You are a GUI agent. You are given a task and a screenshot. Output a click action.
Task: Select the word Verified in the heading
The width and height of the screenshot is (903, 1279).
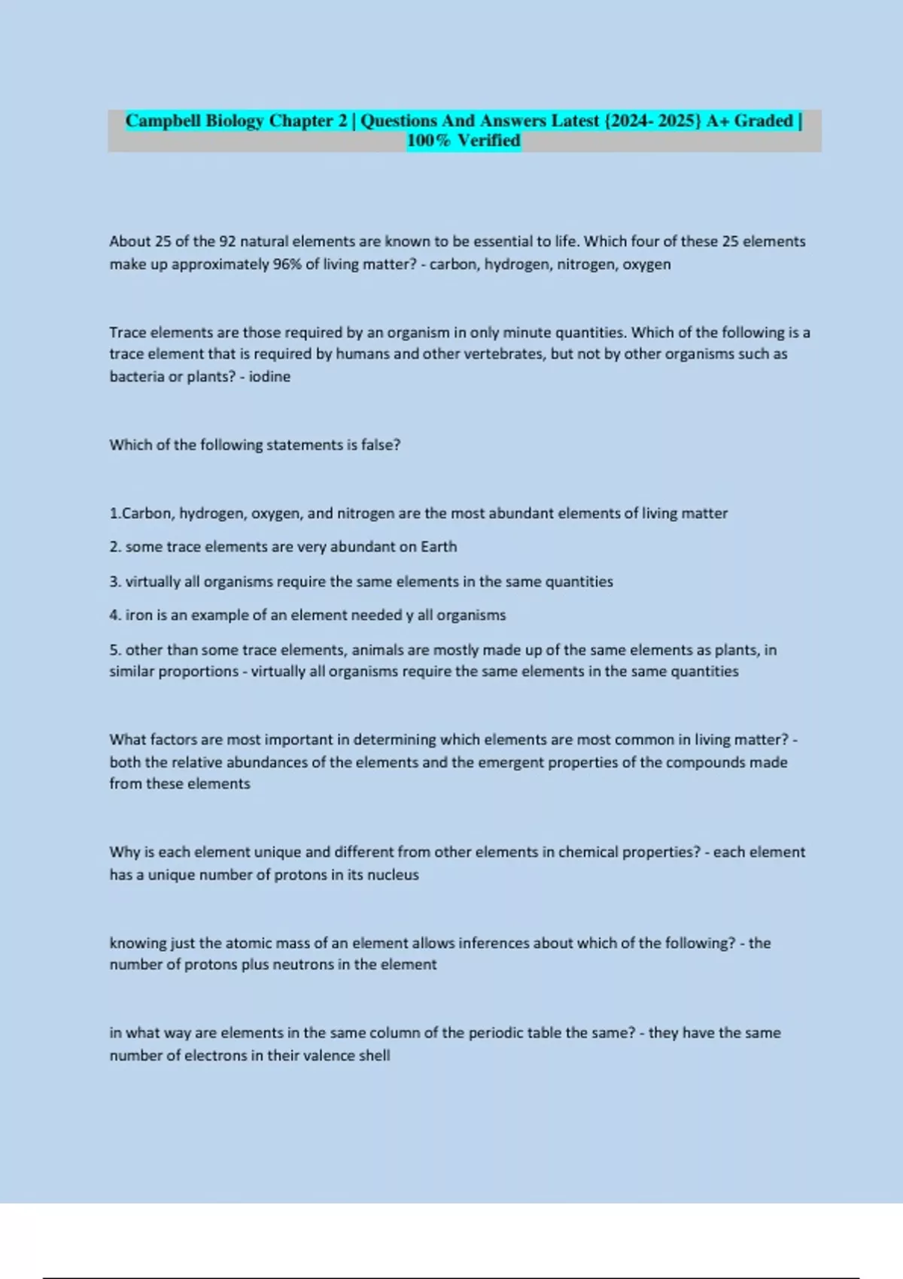(488, 141)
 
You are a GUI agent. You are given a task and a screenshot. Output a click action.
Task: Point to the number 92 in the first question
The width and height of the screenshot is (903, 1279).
(227, 242)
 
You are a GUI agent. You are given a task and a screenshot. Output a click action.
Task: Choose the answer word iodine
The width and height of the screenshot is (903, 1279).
(269, 376)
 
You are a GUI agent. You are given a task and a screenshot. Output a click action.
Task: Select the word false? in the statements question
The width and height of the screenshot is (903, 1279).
(381, 445)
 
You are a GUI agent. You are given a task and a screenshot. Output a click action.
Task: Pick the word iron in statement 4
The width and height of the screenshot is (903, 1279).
(139, 615)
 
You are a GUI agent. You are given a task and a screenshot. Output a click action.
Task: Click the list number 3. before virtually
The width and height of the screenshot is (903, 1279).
(115, 582)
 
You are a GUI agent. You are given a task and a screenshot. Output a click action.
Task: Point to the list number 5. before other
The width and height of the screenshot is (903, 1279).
(115, 650)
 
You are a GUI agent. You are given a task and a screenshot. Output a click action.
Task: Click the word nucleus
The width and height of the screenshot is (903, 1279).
(394, 875)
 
